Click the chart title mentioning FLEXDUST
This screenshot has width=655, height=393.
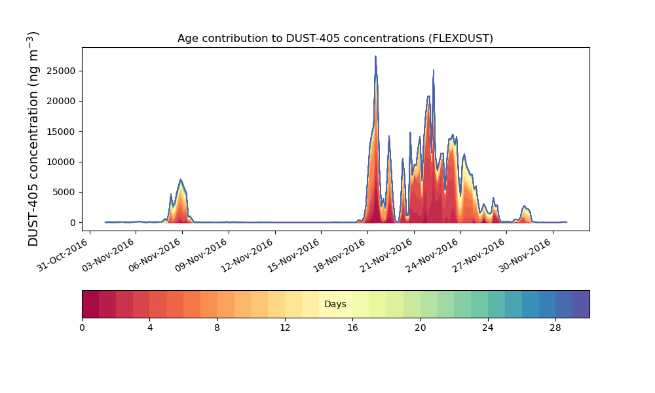click(335, 39)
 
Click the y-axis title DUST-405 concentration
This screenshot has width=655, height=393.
click(33, 139)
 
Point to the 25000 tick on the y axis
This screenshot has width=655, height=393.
click(61, 71)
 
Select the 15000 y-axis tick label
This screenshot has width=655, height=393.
click(61, 132)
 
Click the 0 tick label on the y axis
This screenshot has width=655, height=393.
click(73, 223)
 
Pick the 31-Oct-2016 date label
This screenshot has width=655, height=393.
click(63, 255)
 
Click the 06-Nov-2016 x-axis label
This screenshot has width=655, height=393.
click(155, 255)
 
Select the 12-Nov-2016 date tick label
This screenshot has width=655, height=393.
click(248, 255)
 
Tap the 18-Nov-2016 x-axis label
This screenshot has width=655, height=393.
click(341, 255)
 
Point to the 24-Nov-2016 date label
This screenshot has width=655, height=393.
click(434, 255)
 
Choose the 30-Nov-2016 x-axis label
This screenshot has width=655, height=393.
click(527, 255)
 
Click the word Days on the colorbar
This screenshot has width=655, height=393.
click(335, 304)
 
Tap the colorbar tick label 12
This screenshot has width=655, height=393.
click(285, 328)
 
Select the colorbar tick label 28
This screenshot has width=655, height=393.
click(555, 328)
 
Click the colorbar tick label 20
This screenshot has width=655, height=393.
click(421, 328)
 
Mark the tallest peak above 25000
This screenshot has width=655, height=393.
click(375, 56)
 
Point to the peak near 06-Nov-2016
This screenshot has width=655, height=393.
click(181, 179)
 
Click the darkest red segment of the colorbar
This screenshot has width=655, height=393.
click(90, 304)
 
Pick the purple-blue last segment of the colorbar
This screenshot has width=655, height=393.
click(581, 304)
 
